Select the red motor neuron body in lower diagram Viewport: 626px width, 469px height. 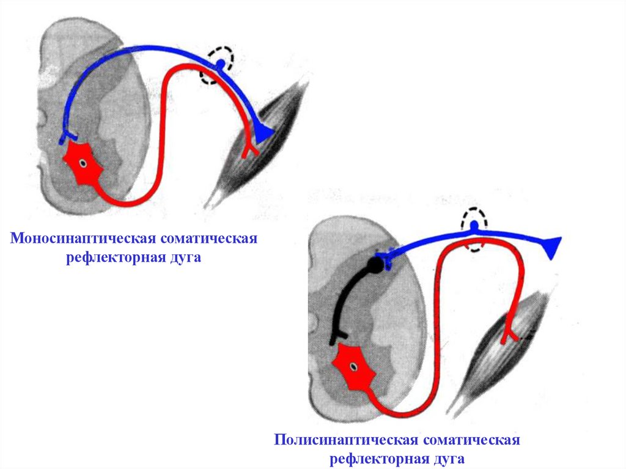[x=353, y=367]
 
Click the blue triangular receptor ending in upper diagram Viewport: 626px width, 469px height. [x=263, y=134]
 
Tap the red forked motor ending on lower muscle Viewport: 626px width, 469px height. [x=509, y=334]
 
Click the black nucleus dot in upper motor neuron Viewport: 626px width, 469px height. [x=84, y=164]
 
